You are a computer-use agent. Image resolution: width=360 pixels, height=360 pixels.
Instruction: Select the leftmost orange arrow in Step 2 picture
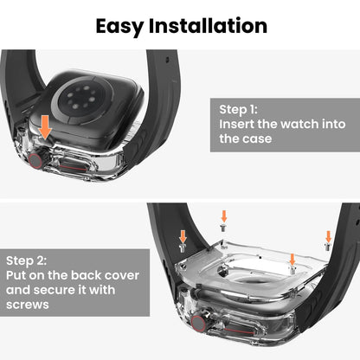click(183, 235)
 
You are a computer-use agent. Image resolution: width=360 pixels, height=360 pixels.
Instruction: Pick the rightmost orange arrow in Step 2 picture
click(328, 236)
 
